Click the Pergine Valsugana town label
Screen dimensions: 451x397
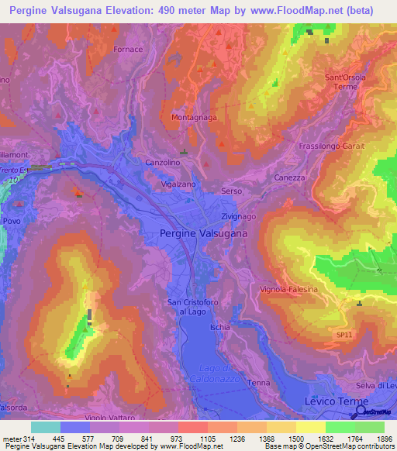[x=203, y=232]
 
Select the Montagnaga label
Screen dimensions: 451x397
[x=190, y=117]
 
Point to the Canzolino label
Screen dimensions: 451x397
[x=163, y=163]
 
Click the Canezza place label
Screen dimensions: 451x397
[x=290, y=177]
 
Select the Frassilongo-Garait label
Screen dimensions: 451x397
[x=331, y=146]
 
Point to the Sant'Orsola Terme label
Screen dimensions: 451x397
[x=345, y=82]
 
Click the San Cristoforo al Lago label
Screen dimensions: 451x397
[x=188, y=307]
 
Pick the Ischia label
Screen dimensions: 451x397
[x=219, y=327]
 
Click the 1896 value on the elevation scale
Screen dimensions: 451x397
[x=385, y=439]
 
